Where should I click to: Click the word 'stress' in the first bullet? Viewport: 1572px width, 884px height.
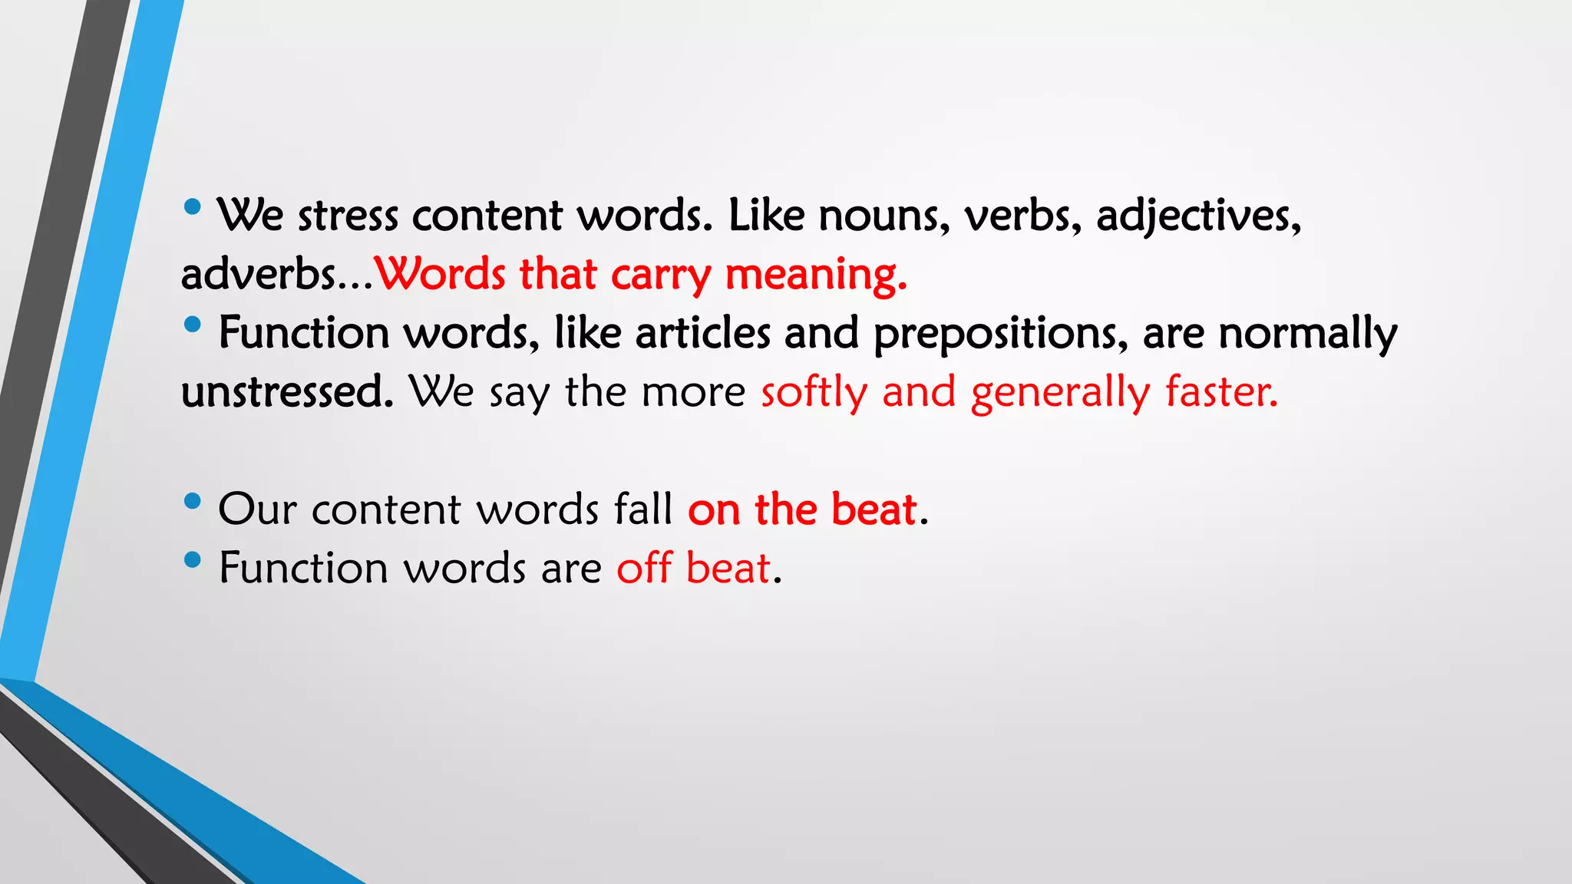pos(348,216)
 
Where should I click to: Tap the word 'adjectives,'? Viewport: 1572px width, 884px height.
pos(1198,216)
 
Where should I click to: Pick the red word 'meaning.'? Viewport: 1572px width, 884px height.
pos(816,275)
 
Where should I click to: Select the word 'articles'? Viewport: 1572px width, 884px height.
pos(702,333)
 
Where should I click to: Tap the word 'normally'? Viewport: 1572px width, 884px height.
pos(1308,335)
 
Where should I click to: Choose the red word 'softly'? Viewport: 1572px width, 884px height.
pos(814,393)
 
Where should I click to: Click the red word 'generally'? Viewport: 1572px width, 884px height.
pos(1060,393)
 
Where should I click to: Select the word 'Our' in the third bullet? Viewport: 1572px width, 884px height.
pos(257,509)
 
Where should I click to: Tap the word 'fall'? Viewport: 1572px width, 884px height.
pos(642,509)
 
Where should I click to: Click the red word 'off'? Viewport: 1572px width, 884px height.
pos(645,568)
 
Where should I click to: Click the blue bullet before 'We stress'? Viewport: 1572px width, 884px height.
pos(193,207)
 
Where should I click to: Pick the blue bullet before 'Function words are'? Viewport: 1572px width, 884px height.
pos(193,560)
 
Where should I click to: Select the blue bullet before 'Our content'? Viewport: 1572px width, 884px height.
pos(193,502)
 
